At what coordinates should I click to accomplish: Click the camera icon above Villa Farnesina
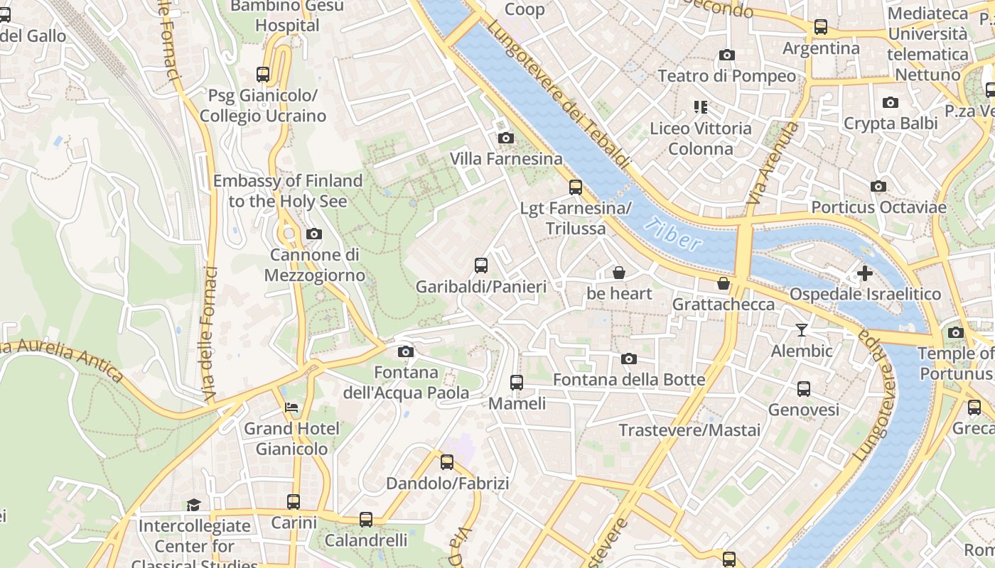[x=506, y=138]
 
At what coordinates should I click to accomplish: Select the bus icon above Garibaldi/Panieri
[x=481, y=266]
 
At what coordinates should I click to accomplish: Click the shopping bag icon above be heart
[x=619, y=273]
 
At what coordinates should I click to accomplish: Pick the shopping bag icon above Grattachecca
[x=724, y=283]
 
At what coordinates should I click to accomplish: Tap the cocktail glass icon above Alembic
[x=802, y=329]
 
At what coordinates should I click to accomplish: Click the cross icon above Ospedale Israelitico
[x=865, y=273]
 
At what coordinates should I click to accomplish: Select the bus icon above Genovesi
[x=804, y=388]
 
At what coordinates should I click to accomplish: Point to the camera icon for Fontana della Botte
[x=629, y=359]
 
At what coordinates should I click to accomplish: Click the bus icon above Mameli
[x=517, y=382]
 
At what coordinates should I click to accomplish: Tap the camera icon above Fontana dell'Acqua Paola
[x=406, y=351]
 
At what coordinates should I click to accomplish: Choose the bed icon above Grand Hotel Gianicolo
[x=291, y=408]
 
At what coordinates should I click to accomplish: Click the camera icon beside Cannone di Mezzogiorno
[x=313, y=234]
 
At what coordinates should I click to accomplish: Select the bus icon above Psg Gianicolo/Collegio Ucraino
[x=263, y=74]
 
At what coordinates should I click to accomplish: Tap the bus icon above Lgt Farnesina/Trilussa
[x=576, y=187]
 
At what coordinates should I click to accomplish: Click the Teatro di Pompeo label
[x=726, y=76]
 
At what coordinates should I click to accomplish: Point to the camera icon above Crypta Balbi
[x=891, y=102]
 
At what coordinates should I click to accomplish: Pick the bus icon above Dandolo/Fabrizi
[x=447, y=462]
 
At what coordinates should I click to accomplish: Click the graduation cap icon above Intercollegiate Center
[x=193, y=505]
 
